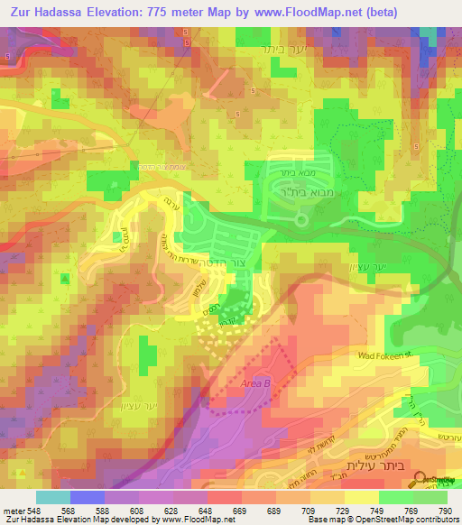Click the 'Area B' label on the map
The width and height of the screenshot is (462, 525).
[x=256, y=384]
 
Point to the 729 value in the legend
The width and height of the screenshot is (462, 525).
[x=346, y=510]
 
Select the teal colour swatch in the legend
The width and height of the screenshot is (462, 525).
[x=53, y=497]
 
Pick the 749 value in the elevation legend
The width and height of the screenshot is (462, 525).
[x=380, y=510]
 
